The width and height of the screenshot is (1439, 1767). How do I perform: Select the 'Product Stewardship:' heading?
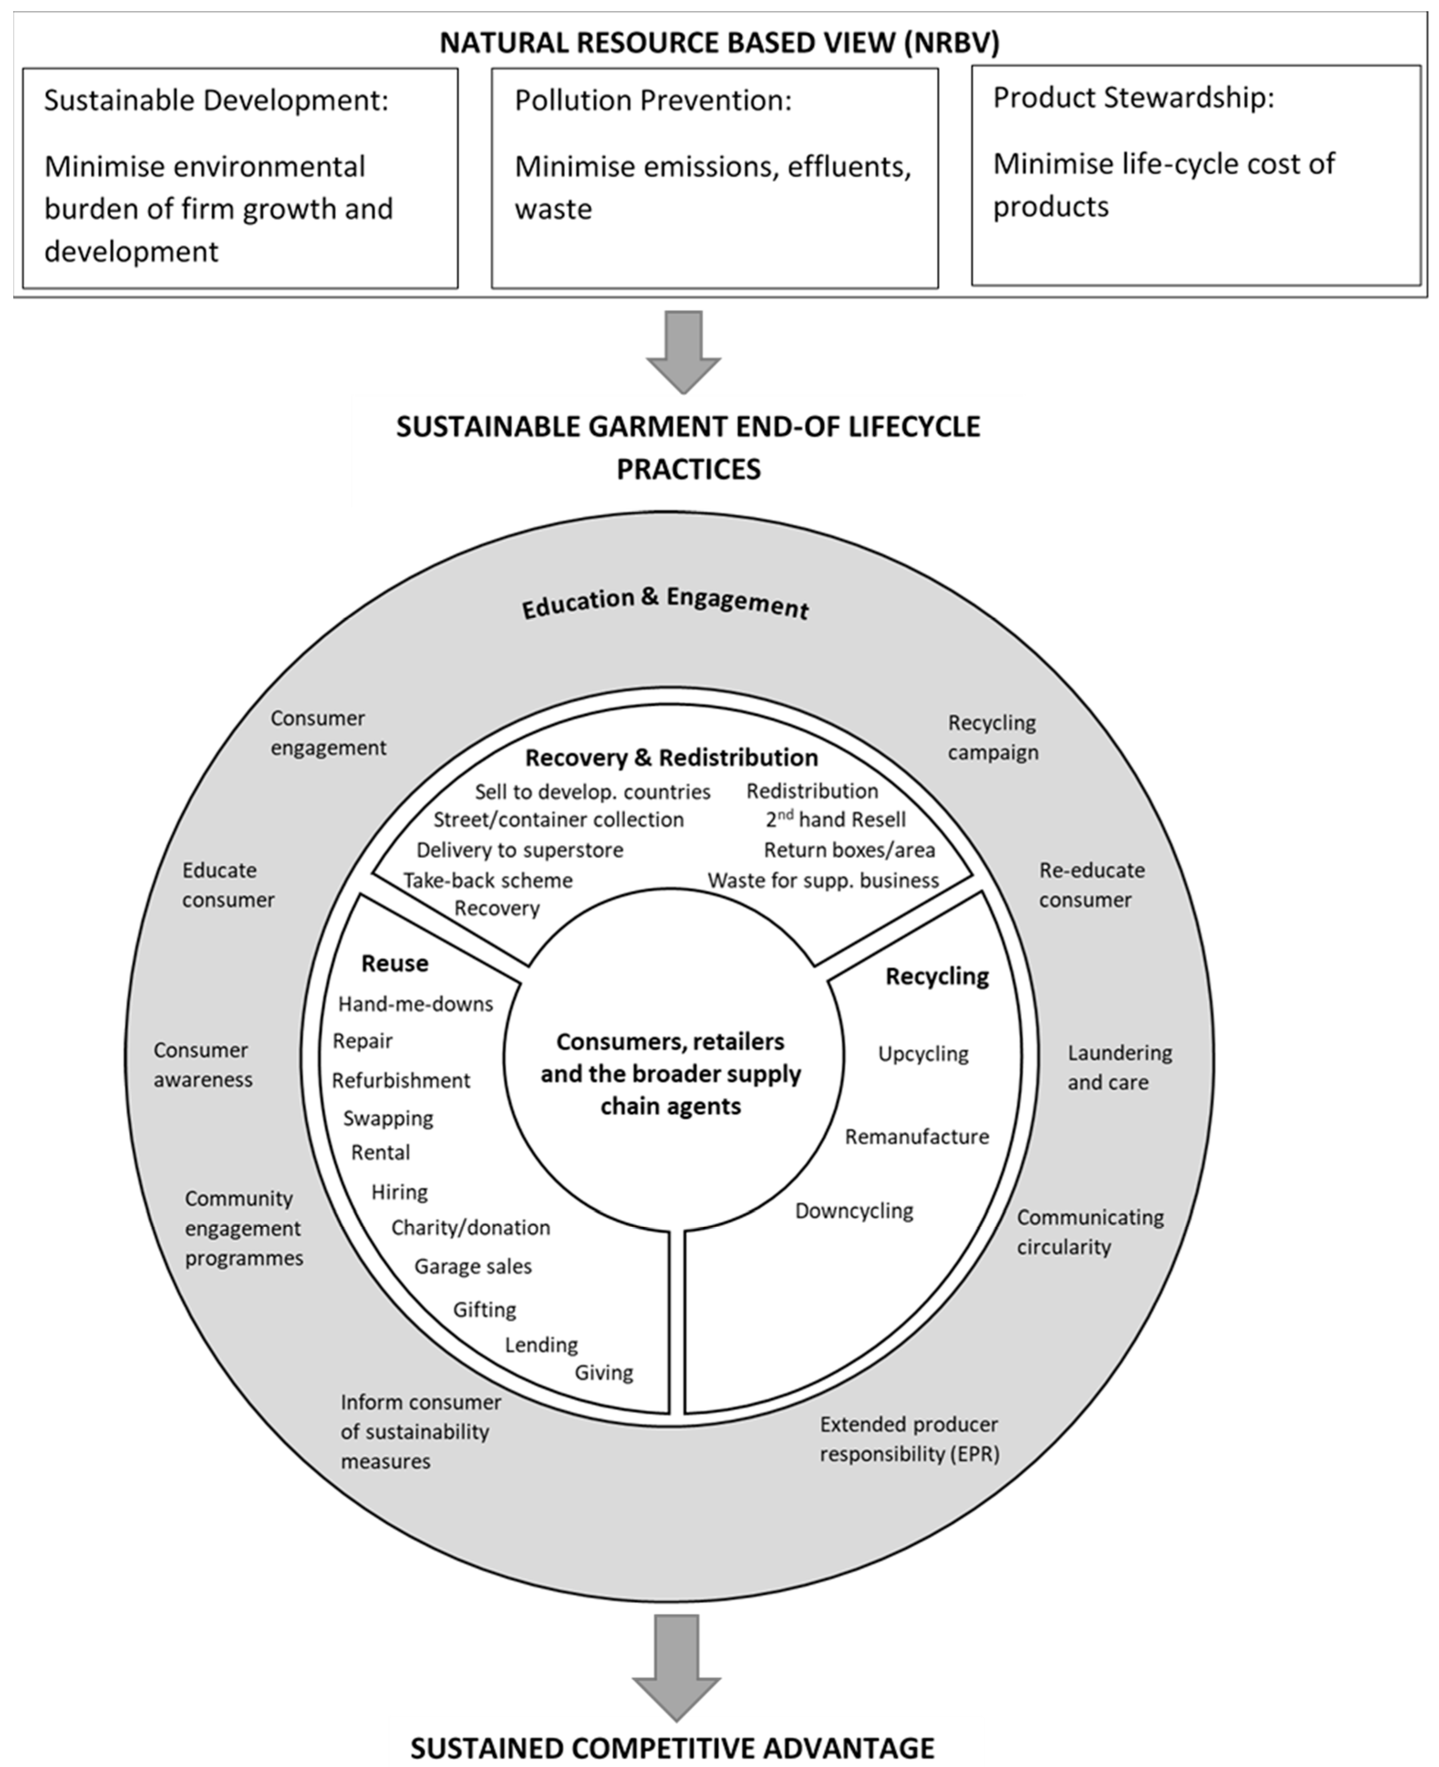click(x=1133, y=98)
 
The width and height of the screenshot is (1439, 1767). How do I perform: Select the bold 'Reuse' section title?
click(x=395, y=964)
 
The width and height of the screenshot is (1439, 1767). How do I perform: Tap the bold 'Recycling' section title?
click(x=937, y=977)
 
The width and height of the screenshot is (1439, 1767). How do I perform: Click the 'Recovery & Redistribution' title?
click(x=671, y=758)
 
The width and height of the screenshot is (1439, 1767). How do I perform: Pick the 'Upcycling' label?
click(x=923, y=1054)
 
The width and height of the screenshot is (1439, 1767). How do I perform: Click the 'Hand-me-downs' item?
click(x=415, y=1004)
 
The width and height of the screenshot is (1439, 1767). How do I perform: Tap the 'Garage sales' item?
click(x=473, y=1266)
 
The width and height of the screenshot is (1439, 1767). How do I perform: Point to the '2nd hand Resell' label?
click(x=836, y=820)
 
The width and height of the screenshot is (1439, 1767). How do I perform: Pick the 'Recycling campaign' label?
click(x=992, y=737)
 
